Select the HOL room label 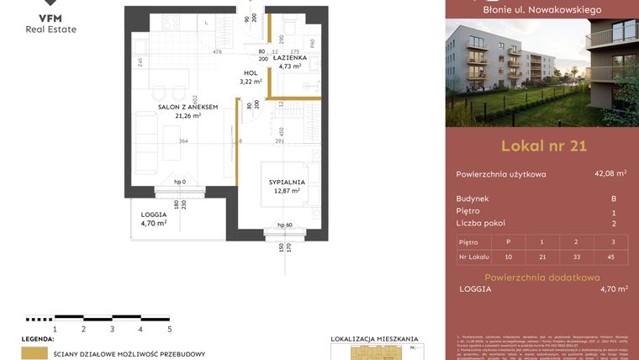[251, 73]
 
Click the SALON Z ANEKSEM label [188, 107]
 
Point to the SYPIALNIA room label [287, 182]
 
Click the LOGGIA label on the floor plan [153, 214]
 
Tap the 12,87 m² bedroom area [287, 191]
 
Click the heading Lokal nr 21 [542, 146]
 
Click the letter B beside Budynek [613, 199]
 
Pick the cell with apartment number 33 [576, 256]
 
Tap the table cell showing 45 [612, 256]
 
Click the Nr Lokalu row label [474, 256]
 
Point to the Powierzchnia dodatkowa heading [542, 277]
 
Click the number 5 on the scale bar [170, 329]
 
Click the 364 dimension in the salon [182, 141]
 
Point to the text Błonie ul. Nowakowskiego [542, 9]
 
